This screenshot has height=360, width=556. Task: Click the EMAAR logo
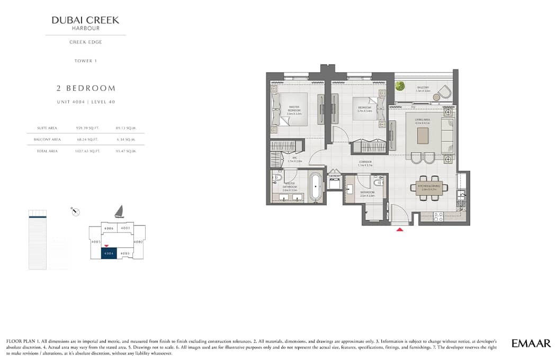point(531,344)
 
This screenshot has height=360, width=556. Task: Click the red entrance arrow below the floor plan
point(400,229)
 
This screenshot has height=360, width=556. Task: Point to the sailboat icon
point(120,212)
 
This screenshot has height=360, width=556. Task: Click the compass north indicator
point(75,212)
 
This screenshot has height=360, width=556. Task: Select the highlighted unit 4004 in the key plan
point(109,253)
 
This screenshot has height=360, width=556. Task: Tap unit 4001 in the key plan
point(125,228)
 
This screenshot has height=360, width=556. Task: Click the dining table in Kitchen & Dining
point(429,188)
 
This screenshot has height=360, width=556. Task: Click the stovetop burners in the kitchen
point(438,217)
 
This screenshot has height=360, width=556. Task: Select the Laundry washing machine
point(335,183)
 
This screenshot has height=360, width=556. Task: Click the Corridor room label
point(365,163)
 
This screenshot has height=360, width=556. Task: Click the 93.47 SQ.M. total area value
point(126,151)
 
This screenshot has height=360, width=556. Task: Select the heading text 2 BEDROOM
point(86,88)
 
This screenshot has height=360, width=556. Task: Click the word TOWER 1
point(85,61)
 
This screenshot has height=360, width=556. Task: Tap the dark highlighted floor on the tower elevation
point(37,216)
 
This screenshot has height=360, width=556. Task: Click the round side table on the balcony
point(437,96)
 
